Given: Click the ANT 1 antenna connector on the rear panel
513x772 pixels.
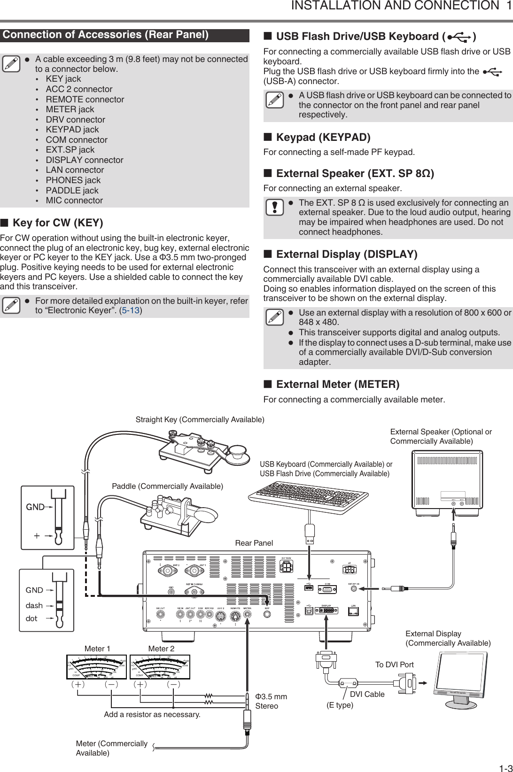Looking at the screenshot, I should (194, 571).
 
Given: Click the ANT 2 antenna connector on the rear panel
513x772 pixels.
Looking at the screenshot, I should (167, 571).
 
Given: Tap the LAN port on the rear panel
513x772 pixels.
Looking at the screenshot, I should (353, 611).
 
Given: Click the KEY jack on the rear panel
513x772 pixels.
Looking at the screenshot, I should (267, 614).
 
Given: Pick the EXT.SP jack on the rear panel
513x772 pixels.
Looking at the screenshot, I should (354, 590).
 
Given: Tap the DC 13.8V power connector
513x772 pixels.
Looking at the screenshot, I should (287, 567).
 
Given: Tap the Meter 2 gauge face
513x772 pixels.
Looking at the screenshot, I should (160, 667).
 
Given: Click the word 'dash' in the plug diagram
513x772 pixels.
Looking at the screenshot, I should (34, 606).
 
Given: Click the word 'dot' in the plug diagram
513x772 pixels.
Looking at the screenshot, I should (31, 618).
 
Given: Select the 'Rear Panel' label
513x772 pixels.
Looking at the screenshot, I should (254, 543).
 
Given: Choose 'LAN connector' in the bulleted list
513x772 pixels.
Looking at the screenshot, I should (75, 170).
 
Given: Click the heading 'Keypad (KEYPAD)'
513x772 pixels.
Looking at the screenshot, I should (323, 138).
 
